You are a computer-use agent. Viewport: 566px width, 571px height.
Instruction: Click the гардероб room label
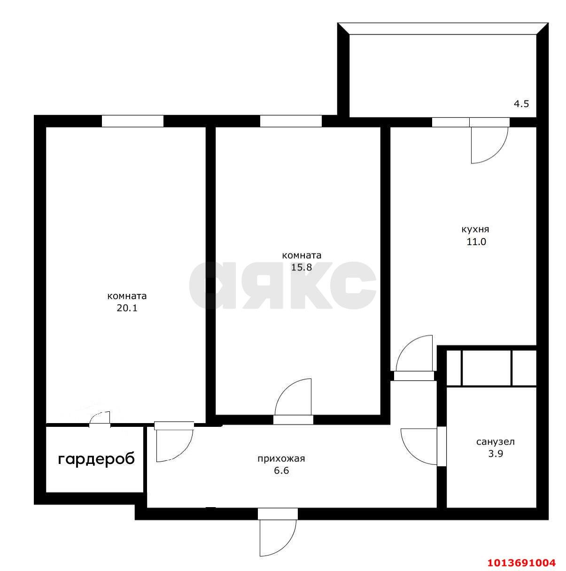[x=96, y=459]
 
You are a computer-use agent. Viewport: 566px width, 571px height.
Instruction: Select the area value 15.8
[x=302, y=268]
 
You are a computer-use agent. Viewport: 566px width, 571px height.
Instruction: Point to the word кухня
[x=475, y=230]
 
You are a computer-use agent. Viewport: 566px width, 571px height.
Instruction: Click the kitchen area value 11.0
[x=475, y=242]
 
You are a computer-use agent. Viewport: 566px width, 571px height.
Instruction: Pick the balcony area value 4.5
[x=521, y=104]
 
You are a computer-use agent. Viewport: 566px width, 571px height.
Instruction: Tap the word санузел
[x=496, y=442]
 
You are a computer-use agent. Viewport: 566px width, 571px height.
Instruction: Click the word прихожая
[x=281, y=459]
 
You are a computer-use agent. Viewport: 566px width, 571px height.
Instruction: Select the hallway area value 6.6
[x=281, y=471]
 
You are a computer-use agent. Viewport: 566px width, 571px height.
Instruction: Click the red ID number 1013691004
[x=521, y=562]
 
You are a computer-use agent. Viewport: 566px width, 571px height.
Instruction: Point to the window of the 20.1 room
[x=132, y=121]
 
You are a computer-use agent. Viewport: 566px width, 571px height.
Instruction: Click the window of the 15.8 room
[x=291, y=121]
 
